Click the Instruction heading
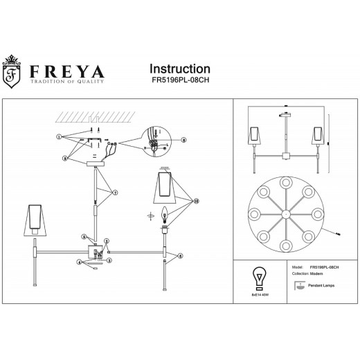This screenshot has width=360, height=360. point(180,69)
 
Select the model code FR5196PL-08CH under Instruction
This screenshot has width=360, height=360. point(180,81)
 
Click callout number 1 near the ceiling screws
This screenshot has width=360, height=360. point(60,136)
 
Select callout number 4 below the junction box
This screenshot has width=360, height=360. point(79,263)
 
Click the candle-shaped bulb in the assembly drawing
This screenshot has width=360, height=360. point(165,215)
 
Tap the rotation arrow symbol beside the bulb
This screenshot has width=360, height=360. point(150,215)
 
